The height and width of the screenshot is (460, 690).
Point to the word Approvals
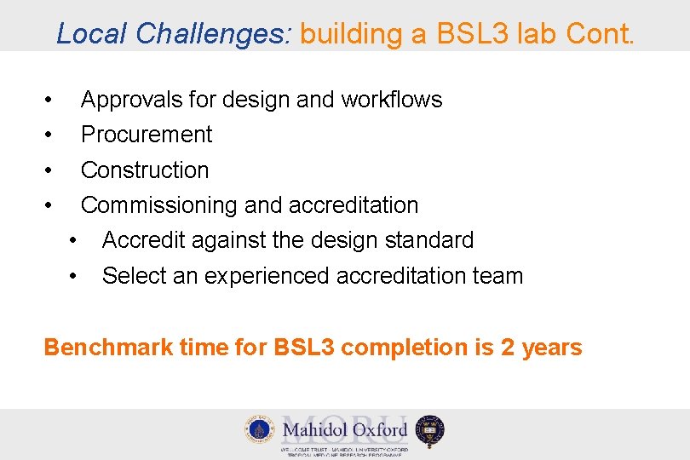click(132, 100)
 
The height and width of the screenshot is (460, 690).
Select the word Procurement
click(147, 135)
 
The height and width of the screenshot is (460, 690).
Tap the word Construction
click(145, 170)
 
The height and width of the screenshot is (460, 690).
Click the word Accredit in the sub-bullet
click(143, 241)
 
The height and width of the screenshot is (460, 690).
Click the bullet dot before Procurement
click(51, 135)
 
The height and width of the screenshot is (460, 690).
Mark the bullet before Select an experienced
click(75, 276)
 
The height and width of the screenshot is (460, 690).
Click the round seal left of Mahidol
click(258, 429)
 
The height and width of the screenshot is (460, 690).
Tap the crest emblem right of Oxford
click(430, 430)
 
